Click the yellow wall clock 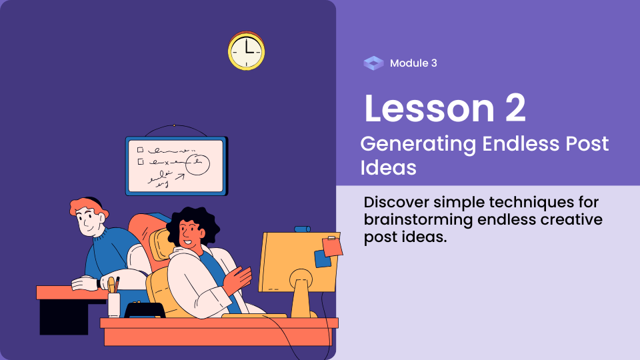tap(246, 51)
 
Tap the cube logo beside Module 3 tap(373, 63)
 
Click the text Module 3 tap(413, 63)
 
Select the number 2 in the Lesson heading tap(515, 108)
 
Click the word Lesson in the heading tap(429, 108)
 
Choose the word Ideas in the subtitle tap(388, 167)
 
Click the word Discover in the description tap(396, 202)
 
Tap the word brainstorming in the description tap(418, 220)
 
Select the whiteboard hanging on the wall tap(176, 166)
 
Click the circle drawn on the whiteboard tap(197, 164)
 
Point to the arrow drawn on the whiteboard tap(180, 177)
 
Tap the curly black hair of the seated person tap(192, 223)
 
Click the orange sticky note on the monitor tap(332, 246)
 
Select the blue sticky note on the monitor tap(322, 259)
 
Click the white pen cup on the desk tap(114, 304)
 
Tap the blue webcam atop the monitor tap(302, 229)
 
